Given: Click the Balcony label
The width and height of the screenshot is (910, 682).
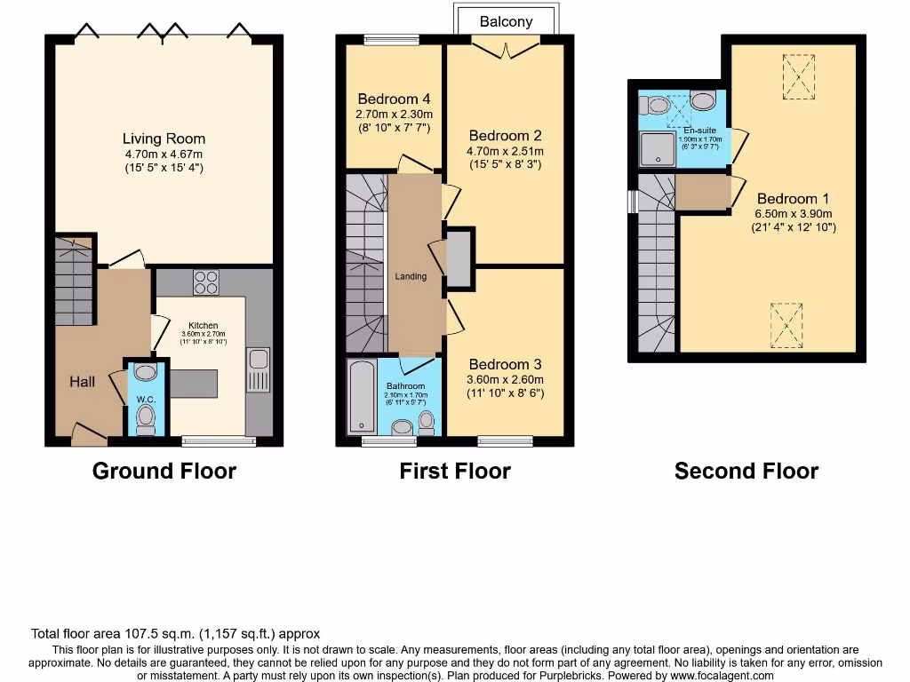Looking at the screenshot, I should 506,21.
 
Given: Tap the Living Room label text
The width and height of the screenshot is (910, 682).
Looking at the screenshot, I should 164,139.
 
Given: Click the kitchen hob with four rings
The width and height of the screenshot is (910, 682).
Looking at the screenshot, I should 206,282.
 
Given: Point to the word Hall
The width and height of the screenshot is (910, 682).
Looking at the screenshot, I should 83,382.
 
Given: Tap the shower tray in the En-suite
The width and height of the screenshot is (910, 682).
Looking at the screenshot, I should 659,149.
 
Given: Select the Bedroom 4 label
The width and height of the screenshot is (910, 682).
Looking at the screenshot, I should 395,99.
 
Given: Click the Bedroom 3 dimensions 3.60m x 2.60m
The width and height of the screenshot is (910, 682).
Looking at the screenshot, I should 506,379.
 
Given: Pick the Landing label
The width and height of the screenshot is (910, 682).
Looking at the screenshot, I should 411,276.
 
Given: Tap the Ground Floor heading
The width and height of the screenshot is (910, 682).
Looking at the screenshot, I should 164,471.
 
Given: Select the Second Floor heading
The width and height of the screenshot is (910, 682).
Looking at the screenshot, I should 746,471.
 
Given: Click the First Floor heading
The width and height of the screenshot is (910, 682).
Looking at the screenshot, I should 455,471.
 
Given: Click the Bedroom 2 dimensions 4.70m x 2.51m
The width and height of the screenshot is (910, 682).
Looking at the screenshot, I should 506,151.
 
